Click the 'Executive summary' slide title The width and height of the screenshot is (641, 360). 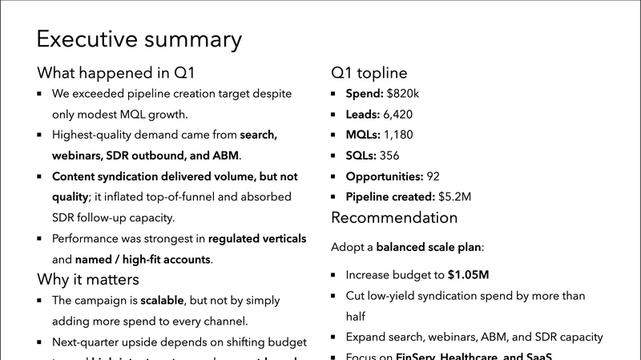(x=139, y=39)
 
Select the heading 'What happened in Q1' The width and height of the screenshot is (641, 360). (x=116, y=73)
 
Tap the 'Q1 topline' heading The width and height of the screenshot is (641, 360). (x=369, y=73)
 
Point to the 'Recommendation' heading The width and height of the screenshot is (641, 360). (x=394, y=217)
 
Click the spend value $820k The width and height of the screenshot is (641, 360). (x=403, y=94)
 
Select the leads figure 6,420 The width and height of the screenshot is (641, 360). (x=397, y=115)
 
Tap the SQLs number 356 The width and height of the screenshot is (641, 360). (x=389, y=156)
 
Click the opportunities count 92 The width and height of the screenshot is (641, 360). (x=433, y=176)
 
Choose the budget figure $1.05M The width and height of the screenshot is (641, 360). (x=468, y=274)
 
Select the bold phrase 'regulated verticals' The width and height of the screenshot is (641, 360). (x=257, y=238)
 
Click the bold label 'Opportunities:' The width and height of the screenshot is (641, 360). (x=384, y=176)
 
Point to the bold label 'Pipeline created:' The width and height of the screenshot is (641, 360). (x=391, y=196)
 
